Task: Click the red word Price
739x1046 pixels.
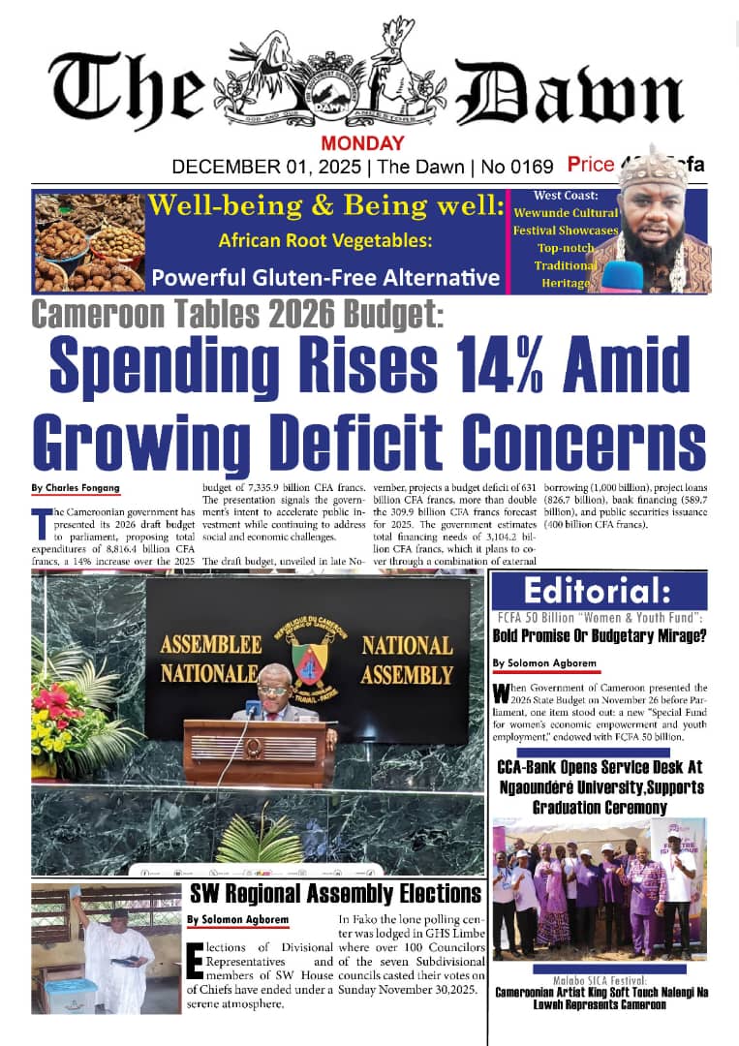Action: point(591,165)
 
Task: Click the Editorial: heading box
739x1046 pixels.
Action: point(599,590)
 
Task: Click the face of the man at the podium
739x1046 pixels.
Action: point(274,699)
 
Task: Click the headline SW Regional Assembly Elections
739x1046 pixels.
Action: point(335,893)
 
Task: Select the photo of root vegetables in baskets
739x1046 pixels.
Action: point(88,241)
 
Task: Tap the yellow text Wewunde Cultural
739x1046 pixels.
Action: point(567,212)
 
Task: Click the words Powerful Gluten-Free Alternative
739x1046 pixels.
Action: point(325,279)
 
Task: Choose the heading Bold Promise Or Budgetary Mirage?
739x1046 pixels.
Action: point(599,636)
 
